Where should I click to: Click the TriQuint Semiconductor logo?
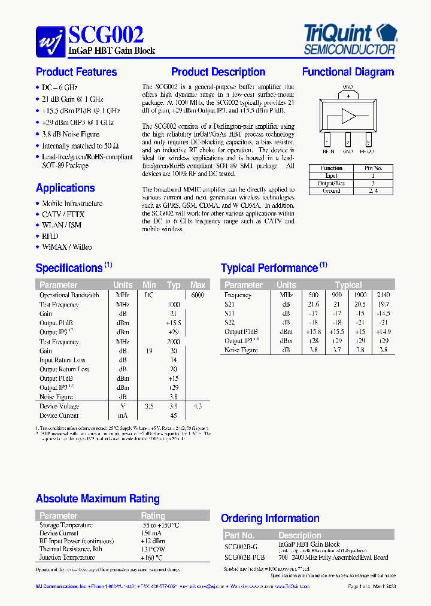(350, 39)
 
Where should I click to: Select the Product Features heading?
(77, 72)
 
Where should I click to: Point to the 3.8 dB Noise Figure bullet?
(71, 134)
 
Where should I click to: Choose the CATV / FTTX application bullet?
(63, 214)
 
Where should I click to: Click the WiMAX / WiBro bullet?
(66, 247)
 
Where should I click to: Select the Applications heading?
(65, 188)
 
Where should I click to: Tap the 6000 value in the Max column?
(198, 295)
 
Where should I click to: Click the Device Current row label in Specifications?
(59, 416)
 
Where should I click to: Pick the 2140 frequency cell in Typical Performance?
(384, 295)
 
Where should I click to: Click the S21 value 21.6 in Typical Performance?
(313, 305)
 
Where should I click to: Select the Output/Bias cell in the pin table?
(331, 183)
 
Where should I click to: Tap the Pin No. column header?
(373, 168)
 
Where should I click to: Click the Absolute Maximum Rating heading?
(98, 499)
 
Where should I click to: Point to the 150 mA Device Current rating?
(153, 533)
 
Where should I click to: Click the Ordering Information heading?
(270, 519)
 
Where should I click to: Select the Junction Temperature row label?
(67, 557)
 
